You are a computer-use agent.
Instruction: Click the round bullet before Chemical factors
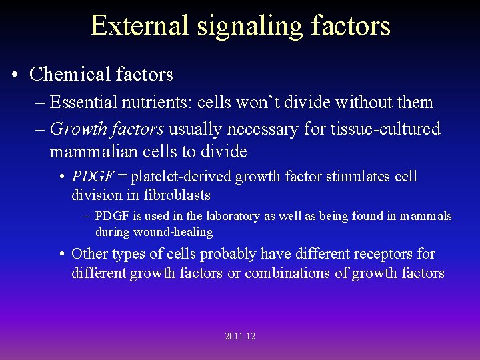[x=15, y=75]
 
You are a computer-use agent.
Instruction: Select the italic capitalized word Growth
[x=77, y=128]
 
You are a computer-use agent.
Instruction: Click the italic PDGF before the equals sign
[x=92, y=177]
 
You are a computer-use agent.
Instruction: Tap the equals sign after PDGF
[x=123, y=177]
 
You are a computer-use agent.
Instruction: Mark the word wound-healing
[x=177, y=232]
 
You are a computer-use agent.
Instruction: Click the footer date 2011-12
[x=240, y=337]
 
